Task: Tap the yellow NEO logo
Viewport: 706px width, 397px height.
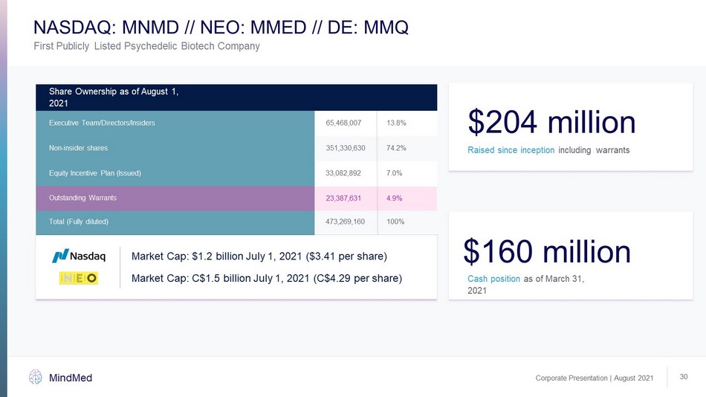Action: [79, 279]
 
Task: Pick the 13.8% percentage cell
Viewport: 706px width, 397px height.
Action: [396, 122]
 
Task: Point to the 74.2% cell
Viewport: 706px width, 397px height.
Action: [396, 148]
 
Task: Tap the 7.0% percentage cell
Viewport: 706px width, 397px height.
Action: [395, 173]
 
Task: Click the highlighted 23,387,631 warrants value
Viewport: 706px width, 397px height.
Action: [343, 198]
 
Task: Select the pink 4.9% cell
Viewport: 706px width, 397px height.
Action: [395, 198]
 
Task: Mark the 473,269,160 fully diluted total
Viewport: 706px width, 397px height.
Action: [346, 222]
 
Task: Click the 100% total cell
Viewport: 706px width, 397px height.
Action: [396, 222]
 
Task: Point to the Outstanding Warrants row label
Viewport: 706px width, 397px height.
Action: [82, 198]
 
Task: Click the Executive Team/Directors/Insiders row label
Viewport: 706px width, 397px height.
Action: [102, 122]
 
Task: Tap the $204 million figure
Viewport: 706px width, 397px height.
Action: [551, 123]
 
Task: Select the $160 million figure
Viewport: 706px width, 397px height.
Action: [547, 252]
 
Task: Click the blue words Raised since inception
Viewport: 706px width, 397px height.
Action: [511, 150]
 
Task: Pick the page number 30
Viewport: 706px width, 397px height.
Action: [684, 378]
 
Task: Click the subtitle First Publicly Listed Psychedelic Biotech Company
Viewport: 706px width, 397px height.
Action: [147, 47]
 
